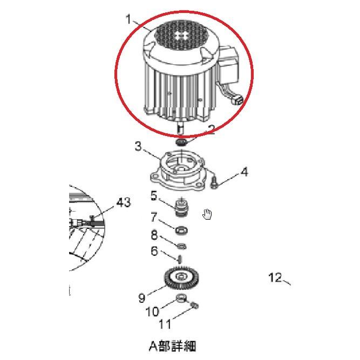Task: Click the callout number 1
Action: click(129, 20)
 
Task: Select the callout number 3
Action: click(138, 146)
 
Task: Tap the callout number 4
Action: click(244, 172)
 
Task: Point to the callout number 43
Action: click(124, 203)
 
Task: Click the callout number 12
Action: click(275, 277)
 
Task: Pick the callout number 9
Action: click(142, 297)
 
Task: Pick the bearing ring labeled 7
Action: click(182, 230)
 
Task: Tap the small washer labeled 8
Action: click(182, 246)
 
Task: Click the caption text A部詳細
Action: click(172, 345)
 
